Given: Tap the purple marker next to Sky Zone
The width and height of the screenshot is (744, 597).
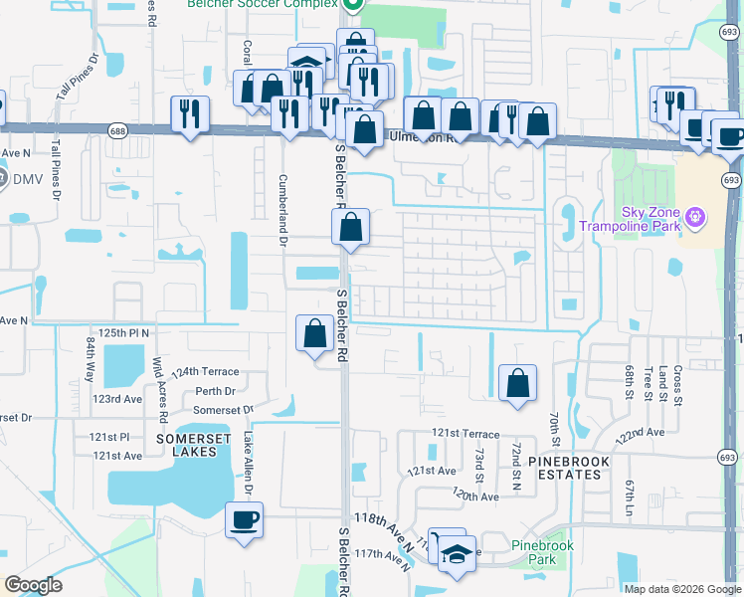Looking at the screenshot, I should tap(695, 215).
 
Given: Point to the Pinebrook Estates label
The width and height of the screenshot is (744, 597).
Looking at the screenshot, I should tap(564, 468).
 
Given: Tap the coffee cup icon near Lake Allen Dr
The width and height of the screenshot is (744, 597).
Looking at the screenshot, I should tap(244, 519).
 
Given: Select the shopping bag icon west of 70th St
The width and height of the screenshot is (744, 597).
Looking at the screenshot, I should tap(517, 383).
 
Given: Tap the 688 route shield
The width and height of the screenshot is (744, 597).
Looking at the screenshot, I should tap(118, 130).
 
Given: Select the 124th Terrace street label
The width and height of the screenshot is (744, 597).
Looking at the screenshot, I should tap(204, 371).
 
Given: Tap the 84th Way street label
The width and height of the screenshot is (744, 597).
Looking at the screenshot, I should tap(90, 359).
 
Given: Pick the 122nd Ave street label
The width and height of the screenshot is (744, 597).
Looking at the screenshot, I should tap(640, 434).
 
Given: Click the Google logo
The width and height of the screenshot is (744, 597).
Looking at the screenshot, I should tap(33, 585).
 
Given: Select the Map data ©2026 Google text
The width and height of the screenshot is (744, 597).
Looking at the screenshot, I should tap(682, 589).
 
